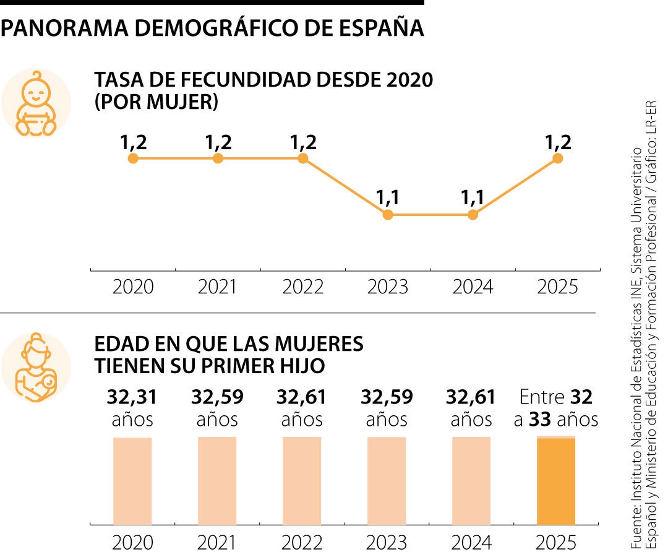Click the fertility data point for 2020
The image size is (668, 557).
tap(132, 158)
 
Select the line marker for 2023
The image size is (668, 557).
tap(388, 215)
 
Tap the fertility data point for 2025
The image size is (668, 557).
tap(557, 158)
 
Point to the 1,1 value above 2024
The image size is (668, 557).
tap(473, 198)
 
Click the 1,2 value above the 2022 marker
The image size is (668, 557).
tap(303, 142)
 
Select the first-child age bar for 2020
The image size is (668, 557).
tap(132, 481)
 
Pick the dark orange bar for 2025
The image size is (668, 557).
tap(556, 481)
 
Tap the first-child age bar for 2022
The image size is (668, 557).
tap(302, 481)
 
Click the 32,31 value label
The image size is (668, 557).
tap(132, 397)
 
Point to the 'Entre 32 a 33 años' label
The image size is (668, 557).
tap(556, 408)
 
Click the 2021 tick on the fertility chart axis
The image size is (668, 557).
tap(218, 288)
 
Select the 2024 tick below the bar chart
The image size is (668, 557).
tap(471, 543)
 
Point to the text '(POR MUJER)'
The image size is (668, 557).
tap(156, 102)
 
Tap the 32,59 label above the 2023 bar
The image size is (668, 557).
tap(387, 397)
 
